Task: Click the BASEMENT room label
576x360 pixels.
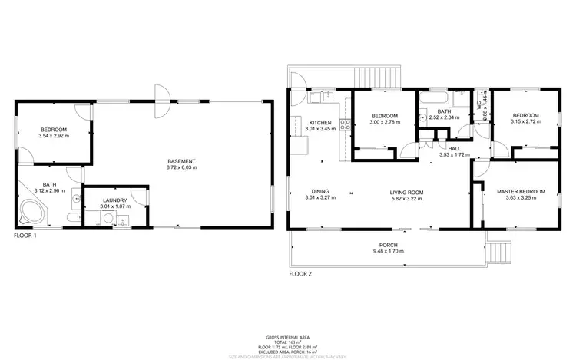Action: (x=182, y=160)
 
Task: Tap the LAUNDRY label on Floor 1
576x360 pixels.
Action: (x=114, y=200)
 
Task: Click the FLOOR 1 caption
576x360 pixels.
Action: (x=25, y=236)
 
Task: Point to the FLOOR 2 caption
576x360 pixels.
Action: (x=300, y=273)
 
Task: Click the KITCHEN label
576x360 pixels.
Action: (x=319, y=123)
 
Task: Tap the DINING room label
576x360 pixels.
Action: (x=320, y=192)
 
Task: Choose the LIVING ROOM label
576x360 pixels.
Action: (x=407, y=192)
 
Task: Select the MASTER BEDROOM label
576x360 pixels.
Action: (x=521, y=191)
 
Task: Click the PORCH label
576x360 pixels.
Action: (x=388, y=246)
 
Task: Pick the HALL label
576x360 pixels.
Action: (x=454, y=148)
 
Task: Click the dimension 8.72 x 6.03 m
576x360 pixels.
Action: (x=182, y=167)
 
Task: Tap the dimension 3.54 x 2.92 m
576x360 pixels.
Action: (x=54, y=136)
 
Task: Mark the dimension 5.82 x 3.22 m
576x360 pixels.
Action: (x=407, y=199)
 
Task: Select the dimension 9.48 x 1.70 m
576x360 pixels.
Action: (x=388, y=253)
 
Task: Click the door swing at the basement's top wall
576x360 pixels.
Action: (x=162, y=100)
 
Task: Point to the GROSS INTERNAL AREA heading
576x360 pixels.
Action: (x=287, y=337)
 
